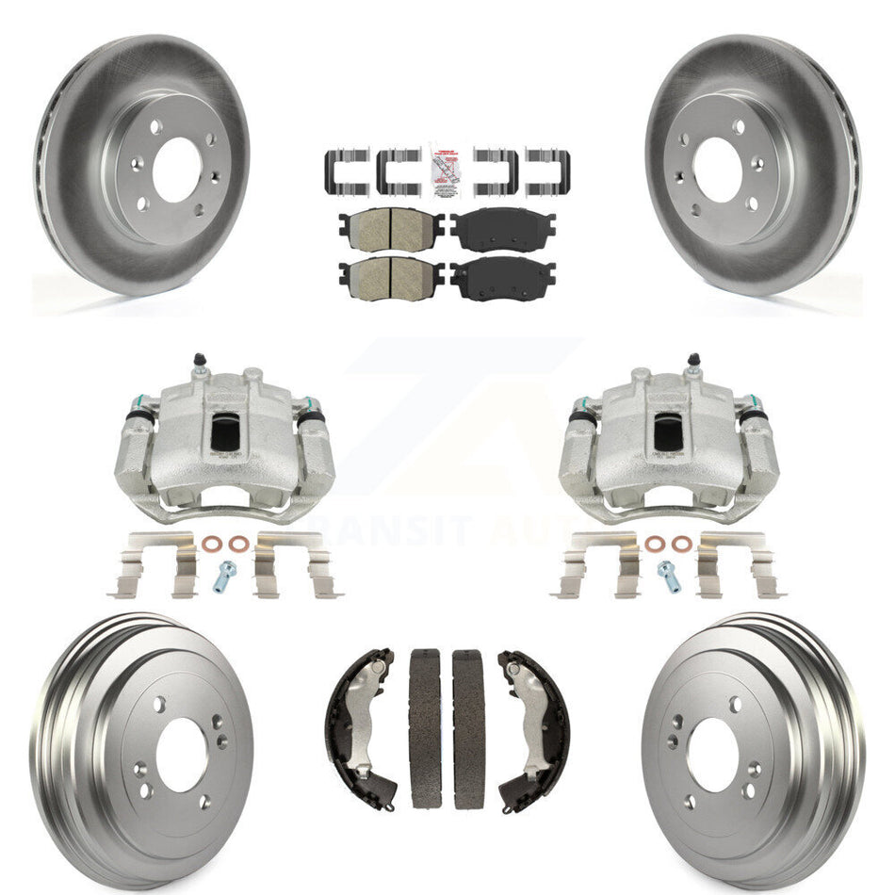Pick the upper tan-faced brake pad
pyautogui.click(x=390, y=227)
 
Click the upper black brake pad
pyautogui.click(x=502, y=227)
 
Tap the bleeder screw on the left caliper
pyautogui.click(x=199, y=362)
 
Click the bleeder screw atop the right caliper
pyautogui.click(x=693, y=362)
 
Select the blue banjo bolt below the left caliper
pyautogui.click(x=226, y=574)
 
